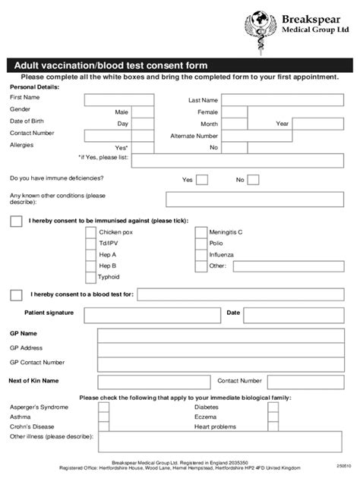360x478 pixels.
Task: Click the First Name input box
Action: click(118, 100)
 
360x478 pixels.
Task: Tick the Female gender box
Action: click(234, 112)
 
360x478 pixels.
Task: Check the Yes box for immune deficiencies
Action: click(202, 180)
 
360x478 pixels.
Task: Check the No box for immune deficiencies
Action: click(253, 180)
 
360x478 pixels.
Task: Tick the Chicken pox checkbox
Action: click(90, 232)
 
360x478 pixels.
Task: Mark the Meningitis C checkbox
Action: click(201, 232)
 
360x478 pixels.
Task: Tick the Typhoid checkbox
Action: click(90, 277)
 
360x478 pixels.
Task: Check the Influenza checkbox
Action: click(201, 255)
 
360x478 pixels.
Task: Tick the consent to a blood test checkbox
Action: click(16, 294)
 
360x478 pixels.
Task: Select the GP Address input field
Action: click(224, 347)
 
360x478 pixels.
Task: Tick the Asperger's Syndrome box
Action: click(103, 407)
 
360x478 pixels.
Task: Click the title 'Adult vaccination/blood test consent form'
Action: click(106, 66)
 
